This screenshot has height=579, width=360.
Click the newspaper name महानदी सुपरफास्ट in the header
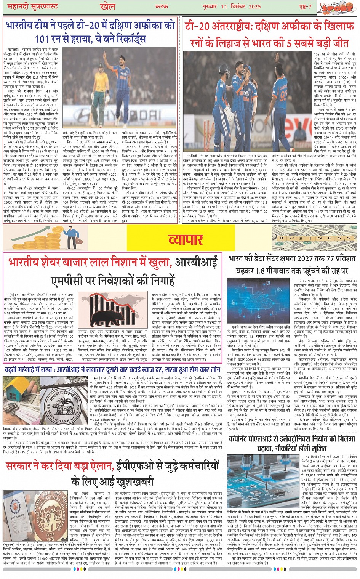tap(31, 6)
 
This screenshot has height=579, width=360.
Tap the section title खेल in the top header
tap(107, 6)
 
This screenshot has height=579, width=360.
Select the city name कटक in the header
tap(162, 6)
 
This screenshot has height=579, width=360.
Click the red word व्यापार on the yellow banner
tap(186, 239)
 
